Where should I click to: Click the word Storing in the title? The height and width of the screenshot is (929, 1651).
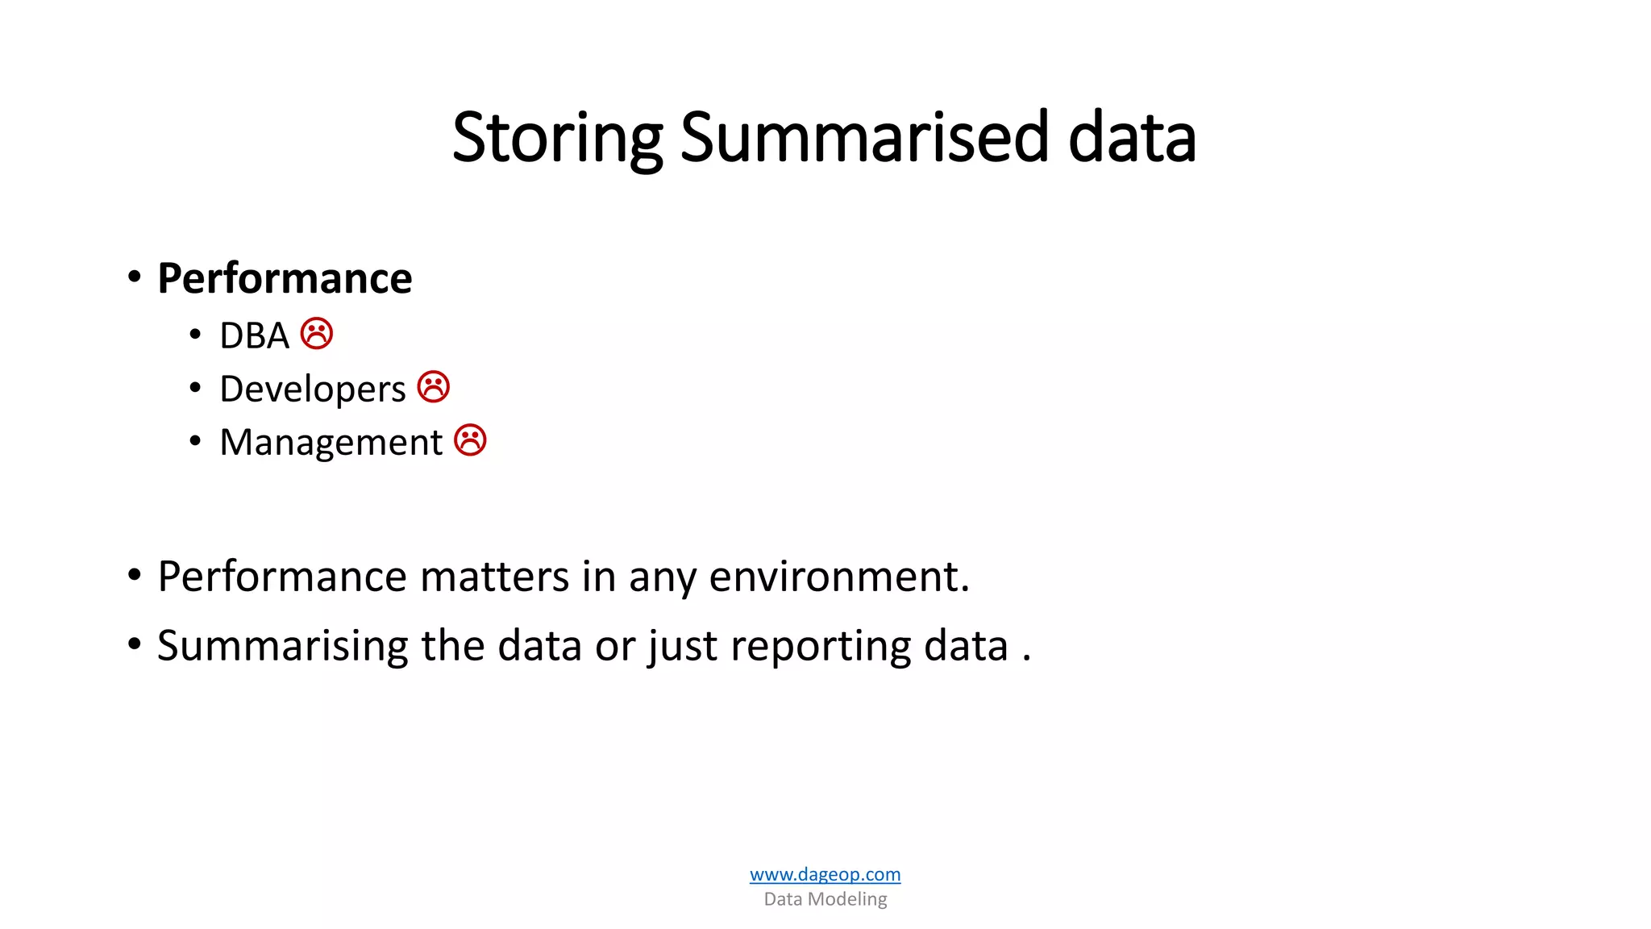(556, 139)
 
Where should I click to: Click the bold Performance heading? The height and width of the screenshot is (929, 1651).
(285, 279)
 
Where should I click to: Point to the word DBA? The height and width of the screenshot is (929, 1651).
(254, 336)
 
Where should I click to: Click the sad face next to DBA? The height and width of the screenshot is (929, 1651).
(317, 334)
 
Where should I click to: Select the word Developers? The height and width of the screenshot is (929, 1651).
(312, 390)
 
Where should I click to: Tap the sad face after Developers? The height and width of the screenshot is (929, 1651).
(434, 387)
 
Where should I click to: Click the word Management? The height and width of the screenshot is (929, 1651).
(331, 443)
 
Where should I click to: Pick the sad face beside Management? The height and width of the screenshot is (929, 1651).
(470, 440)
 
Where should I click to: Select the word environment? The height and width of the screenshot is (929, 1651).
(838, 577)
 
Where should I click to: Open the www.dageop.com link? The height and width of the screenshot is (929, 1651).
(825, 874)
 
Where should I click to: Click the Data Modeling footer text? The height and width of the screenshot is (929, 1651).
(825, 899)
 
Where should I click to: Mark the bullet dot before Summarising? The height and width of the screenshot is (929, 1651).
(135, 644)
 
